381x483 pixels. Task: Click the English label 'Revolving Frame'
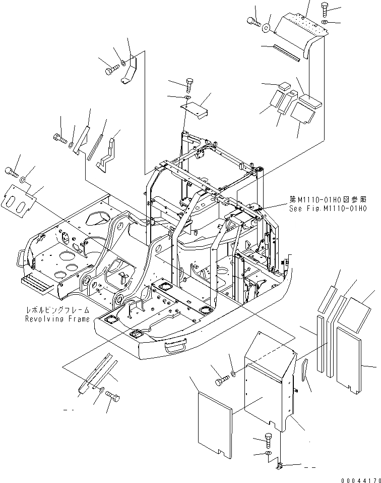click(57, 319)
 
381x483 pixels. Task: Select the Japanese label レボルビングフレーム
click(58, 310)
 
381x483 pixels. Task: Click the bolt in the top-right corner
click(325, 9)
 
